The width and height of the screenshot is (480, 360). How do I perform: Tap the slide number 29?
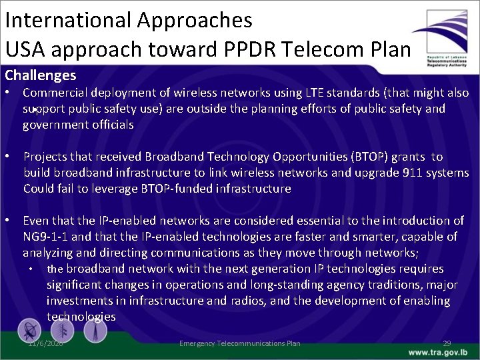coord(447,343)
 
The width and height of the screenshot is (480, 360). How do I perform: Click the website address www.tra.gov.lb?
coord(438,351)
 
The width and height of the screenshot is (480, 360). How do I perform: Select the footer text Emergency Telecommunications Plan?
coord(239,343)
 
